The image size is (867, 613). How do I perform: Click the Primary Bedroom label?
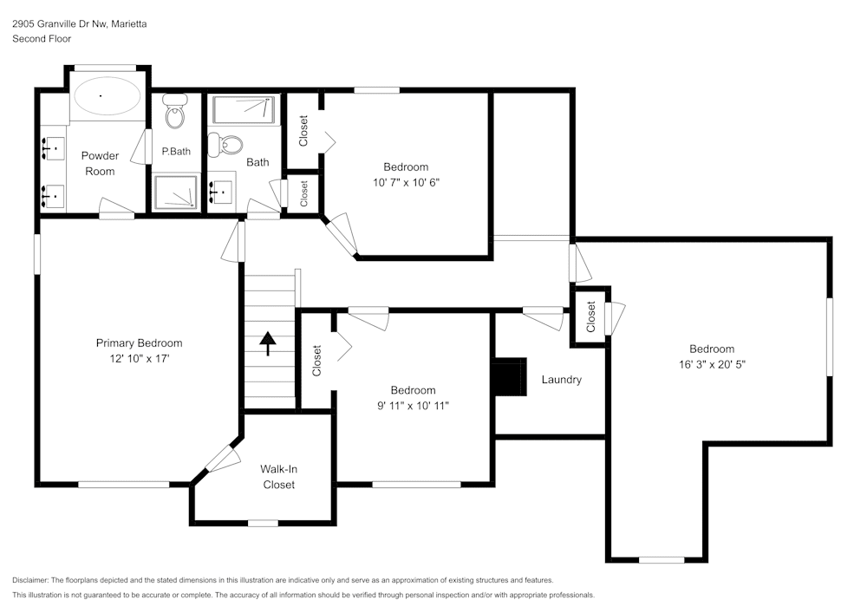(x=139, y=342)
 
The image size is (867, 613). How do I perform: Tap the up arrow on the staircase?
(x=268, y=343)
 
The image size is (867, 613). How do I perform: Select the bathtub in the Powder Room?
(x=108, y=96)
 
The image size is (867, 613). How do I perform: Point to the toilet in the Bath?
(x=230, y=144)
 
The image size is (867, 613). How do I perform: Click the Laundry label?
(x=561, y=380)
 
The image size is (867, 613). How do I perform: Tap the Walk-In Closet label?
(x=279, y=477)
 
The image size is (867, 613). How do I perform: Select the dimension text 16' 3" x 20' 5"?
(x=712, y=365)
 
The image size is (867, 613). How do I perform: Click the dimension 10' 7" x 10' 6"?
(x=406, y=182)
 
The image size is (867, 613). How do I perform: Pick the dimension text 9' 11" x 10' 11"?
(x=413, y=405)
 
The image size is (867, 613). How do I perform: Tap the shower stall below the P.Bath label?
(x=176, y=192)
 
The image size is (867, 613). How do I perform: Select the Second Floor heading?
(x=42, y=39)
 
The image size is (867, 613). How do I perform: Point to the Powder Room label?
(x=100, y=163)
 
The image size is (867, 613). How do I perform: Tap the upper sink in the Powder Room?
(x=54, y=149)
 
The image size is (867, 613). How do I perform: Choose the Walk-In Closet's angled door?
(x=223, y=459)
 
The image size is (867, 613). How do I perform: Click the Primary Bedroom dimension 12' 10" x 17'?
(x=139, y=358)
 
